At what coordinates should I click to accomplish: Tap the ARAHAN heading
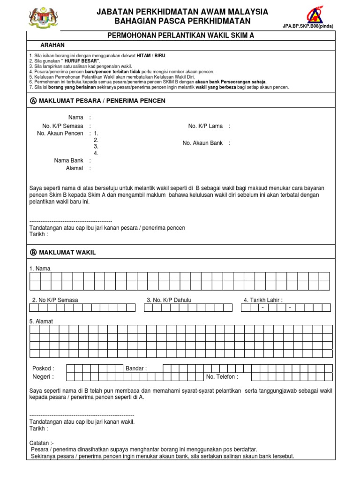pos(52,45)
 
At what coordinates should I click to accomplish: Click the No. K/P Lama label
pos(205,126)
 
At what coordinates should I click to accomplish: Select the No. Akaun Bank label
pos(202,143)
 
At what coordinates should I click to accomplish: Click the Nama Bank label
pos(68,160)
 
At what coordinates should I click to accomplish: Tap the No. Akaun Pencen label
pos(60,134)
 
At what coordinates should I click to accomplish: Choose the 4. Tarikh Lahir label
pos(262,300)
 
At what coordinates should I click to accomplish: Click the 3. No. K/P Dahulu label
pos(169,300)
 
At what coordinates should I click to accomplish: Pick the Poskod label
pos(43,368)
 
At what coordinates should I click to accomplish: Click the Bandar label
pos(136,368)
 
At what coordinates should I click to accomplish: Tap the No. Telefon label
pos(222,377)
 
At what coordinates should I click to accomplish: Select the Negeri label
pos(43,377)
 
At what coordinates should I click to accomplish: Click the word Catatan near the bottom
pos(41,442)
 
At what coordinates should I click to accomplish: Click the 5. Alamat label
pos(41,321)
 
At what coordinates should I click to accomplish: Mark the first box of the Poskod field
pos(71,368)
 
